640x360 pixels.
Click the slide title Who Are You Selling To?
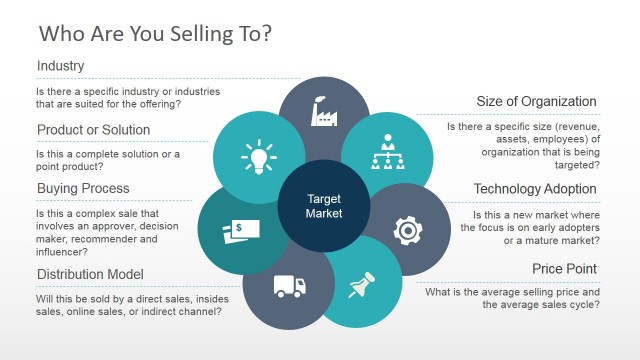coord(154,33)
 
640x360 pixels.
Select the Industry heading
coord(60,67)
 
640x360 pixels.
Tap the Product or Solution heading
coord(93,130)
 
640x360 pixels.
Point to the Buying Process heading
coord(83,188)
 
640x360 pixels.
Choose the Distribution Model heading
coord(91,274)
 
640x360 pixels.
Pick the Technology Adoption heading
coord(536,188)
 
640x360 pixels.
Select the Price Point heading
coord(565,269)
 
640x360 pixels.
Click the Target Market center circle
coord(324,206)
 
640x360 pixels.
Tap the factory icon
coord(324,112)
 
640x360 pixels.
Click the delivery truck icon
coord(287,287)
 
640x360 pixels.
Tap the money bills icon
coord(237,232)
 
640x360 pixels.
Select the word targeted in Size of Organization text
coord(574,166)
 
